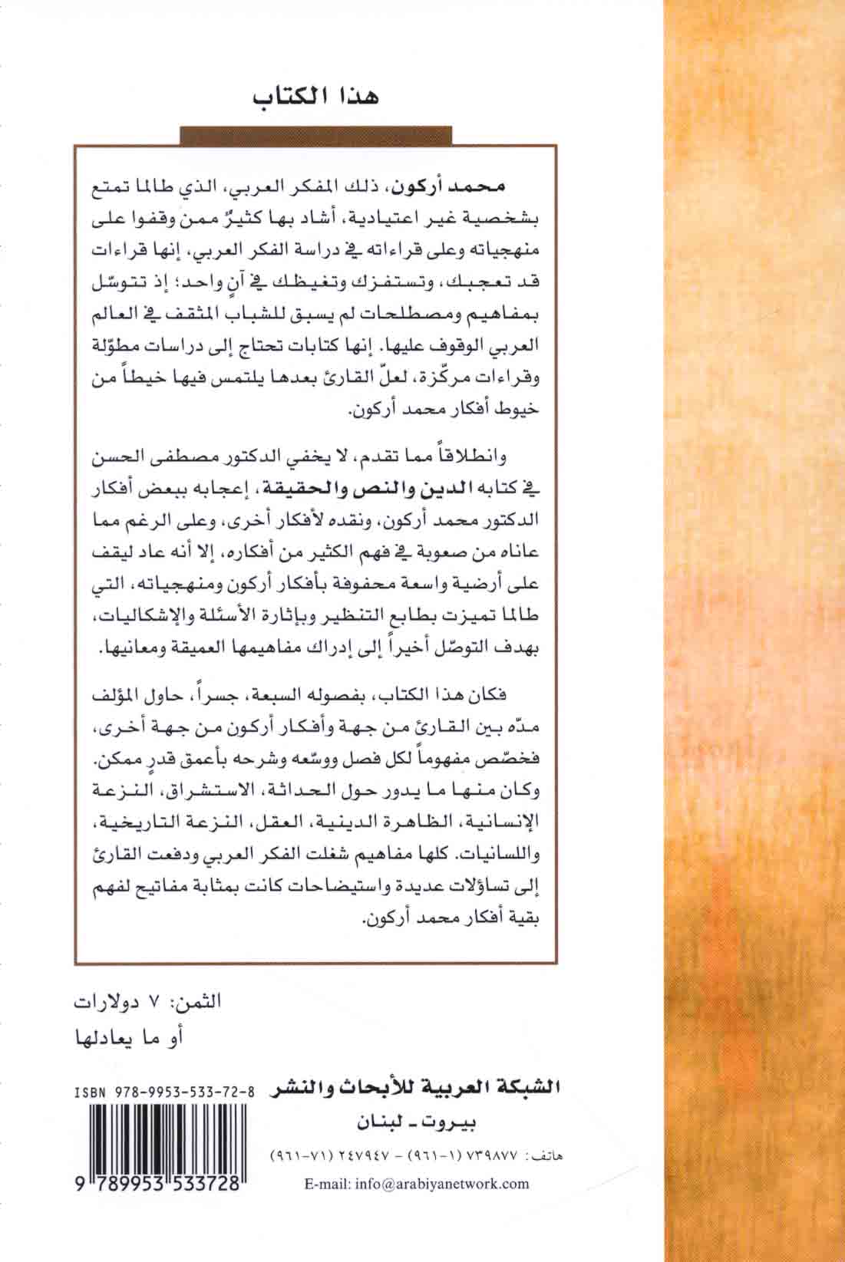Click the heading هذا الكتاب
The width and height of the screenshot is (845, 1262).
[x=317, y=100]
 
